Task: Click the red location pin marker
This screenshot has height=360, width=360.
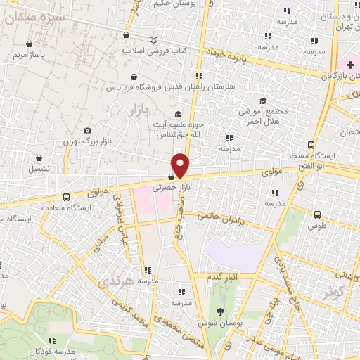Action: coord(181,165)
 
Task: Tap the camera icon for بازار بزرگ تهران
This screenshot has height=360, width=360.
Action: coord(87,130)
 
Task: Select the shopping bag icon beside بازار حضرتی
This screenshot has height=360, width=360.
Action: coord(171,177)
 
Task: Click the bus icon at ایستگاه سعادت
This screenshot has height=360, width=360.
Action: coord(66,197)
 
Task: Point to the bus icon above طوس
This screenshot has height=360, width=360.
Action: coord(317,214)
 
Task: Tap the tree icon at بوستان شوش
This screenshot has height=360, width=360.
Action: coord(221,311)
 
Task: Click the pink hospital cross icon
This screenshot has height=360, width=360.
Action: coord(350,65)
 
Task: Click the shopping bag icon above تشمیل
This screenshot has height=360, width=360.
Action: coord(38,157)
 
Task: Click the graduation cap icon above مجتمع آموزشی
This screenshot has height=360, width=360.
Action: coord(264,101)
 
